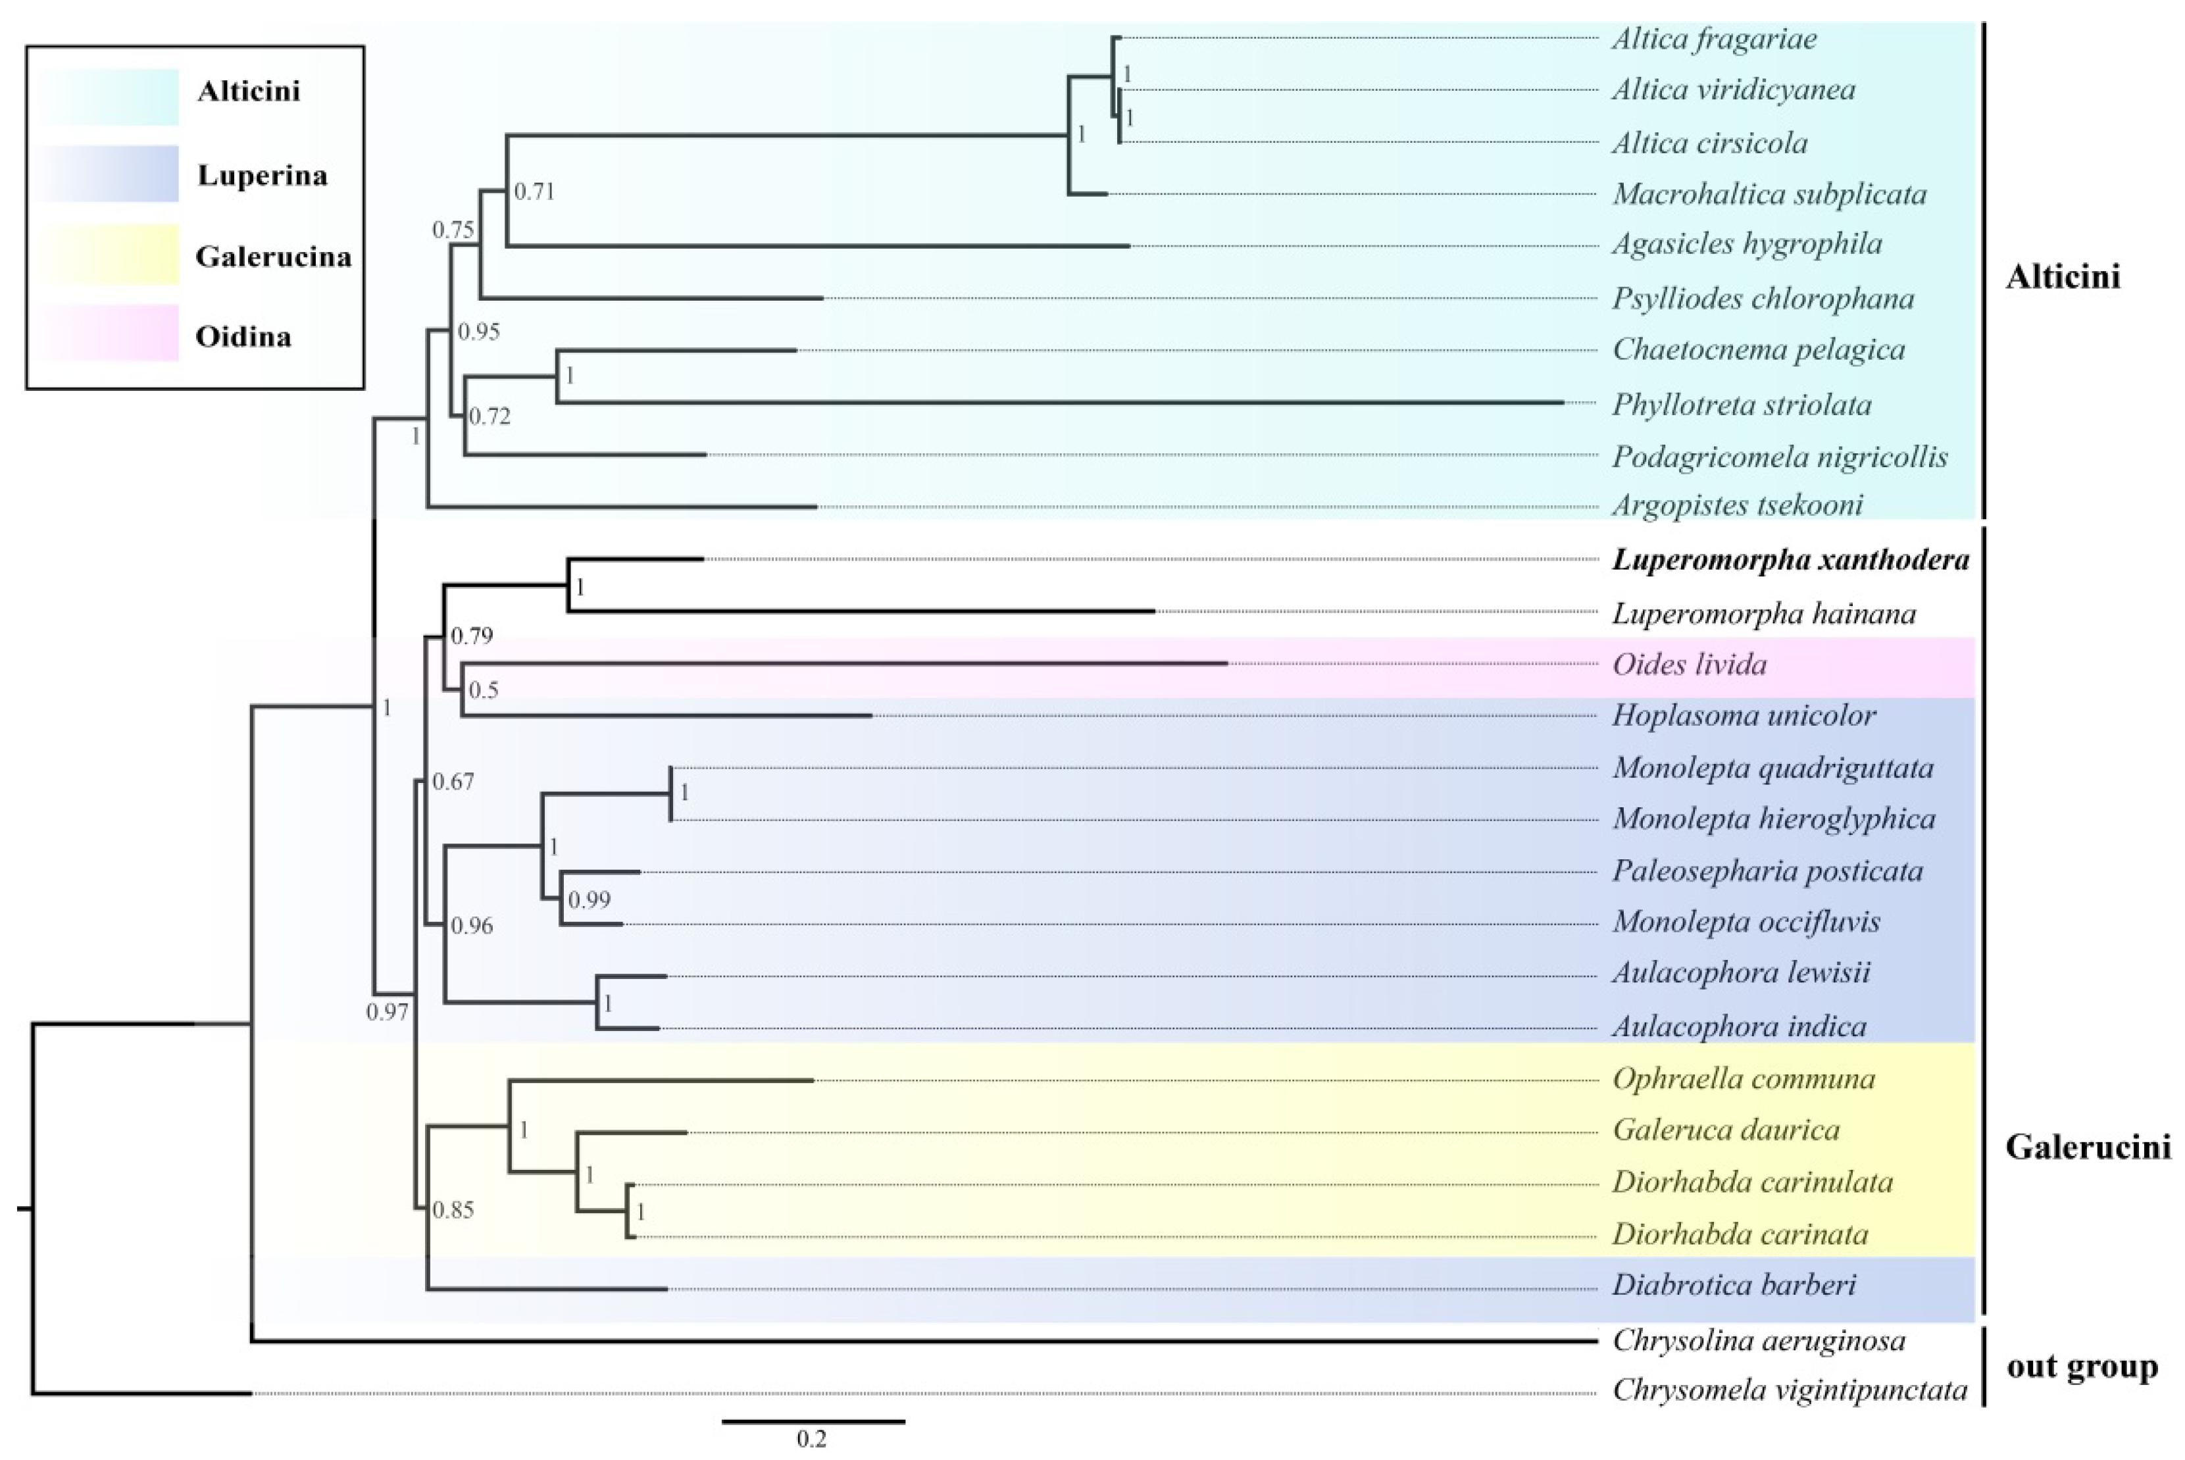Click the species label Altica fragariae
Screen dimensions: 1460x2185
(1713, 39)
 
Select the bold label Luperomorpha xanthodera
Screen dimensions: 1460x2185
(1790, 560)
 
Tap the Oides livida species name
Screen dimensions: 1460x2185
(1689, 665)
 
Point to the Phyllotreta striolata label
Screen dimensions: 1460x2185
(1741, 405)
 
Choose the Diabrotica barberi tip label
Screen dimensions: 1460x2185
(1734, 1285)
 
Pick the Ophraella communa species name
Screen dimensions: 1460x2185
(1744, 1078)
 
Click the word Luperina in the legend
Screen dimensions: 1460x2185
(262, 175)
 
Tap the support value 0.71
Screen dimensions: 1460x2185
(534, 192)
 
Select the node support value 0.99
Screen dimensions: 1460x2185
(590, 899)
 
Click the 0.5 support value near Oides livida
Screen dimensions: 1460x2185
(483, 690)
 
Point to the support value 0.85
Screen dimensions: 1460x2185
(453, 1211)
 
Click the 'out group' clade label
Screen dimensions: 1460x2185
(2082, 1367)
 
